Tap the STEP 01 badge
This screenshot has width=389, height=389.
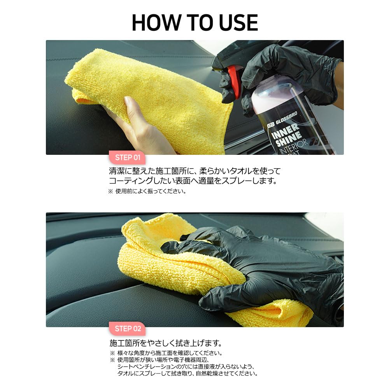coord(127,158)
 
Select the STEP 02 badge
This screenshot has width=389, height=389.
coord(128,329)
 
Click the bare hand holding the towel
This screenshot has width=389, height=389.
coord(136,124)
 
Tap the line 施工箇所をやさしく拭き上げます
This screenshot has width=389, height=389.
coord(166,343)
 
